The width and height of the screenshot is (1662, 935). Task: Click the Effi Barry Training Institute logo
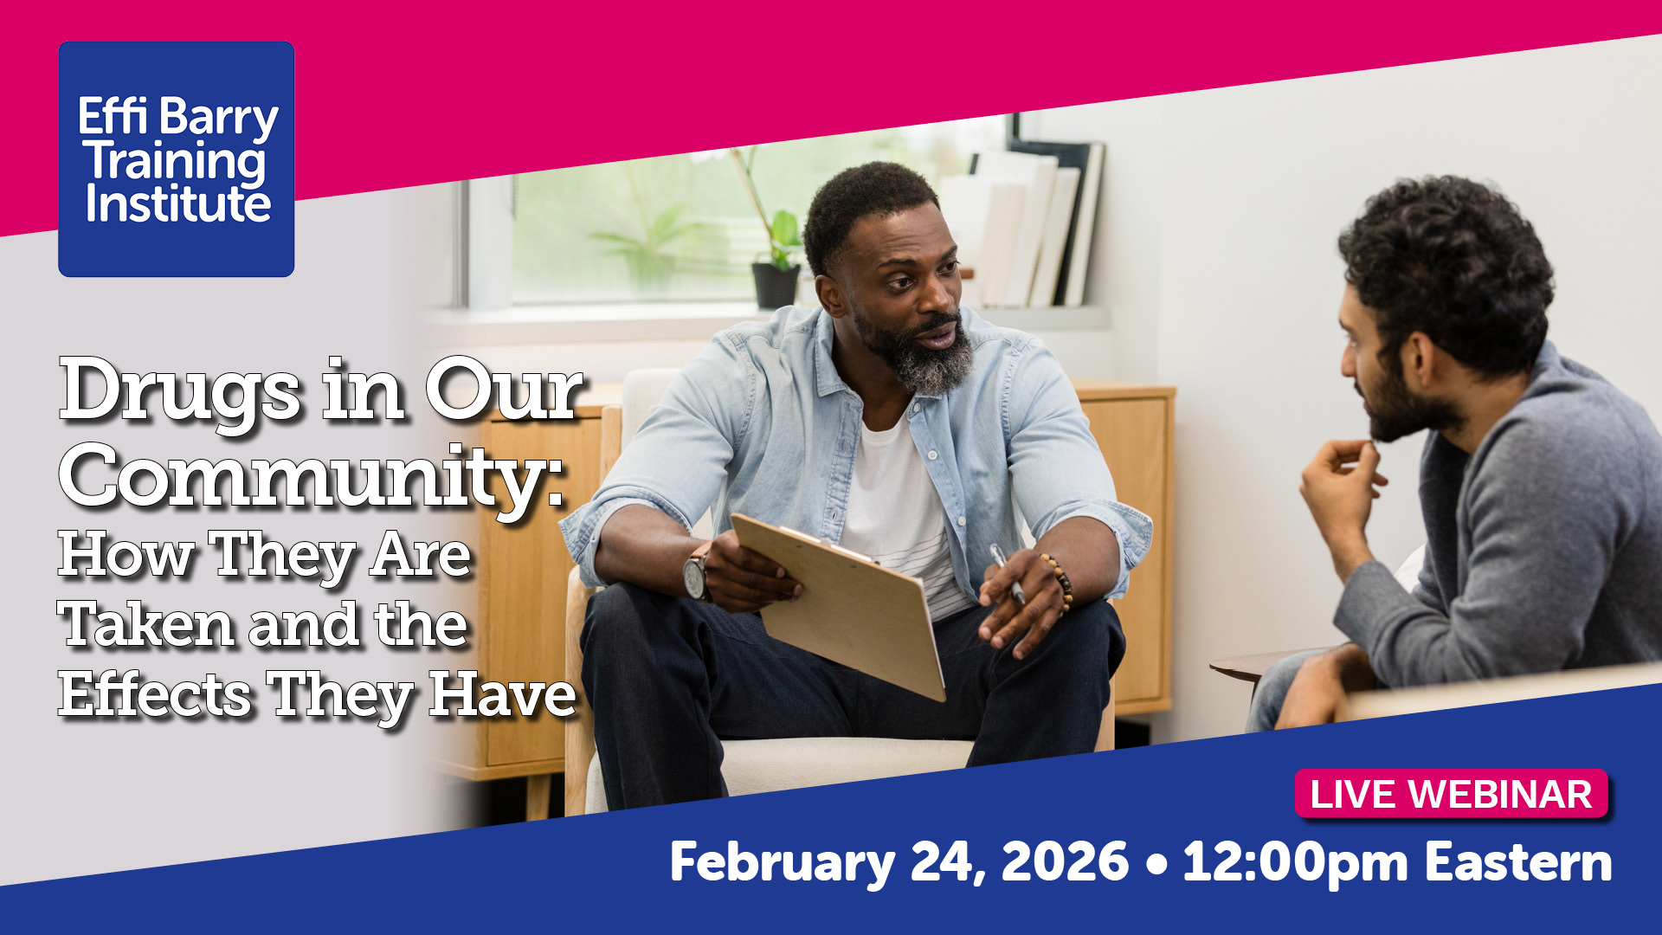coord(177,159)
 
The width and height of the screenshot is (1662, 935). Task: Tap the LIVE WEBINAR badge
coord(1451,794)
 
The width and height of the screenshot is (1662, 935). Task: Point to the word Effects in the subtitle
coord(155,694)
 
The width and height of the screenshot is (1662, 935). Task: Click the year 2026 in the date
coord(1065,862)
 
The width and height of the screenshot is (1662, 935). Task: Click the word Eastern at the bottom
coord(1518,862)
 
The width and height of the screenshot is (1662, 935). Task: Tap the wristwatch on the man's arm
coord(696,576)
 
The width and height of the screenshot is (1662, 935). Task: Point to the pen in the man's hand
coord(1007,572)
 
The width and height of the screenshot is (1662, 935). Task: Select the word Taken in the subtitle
coord(146,625)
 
